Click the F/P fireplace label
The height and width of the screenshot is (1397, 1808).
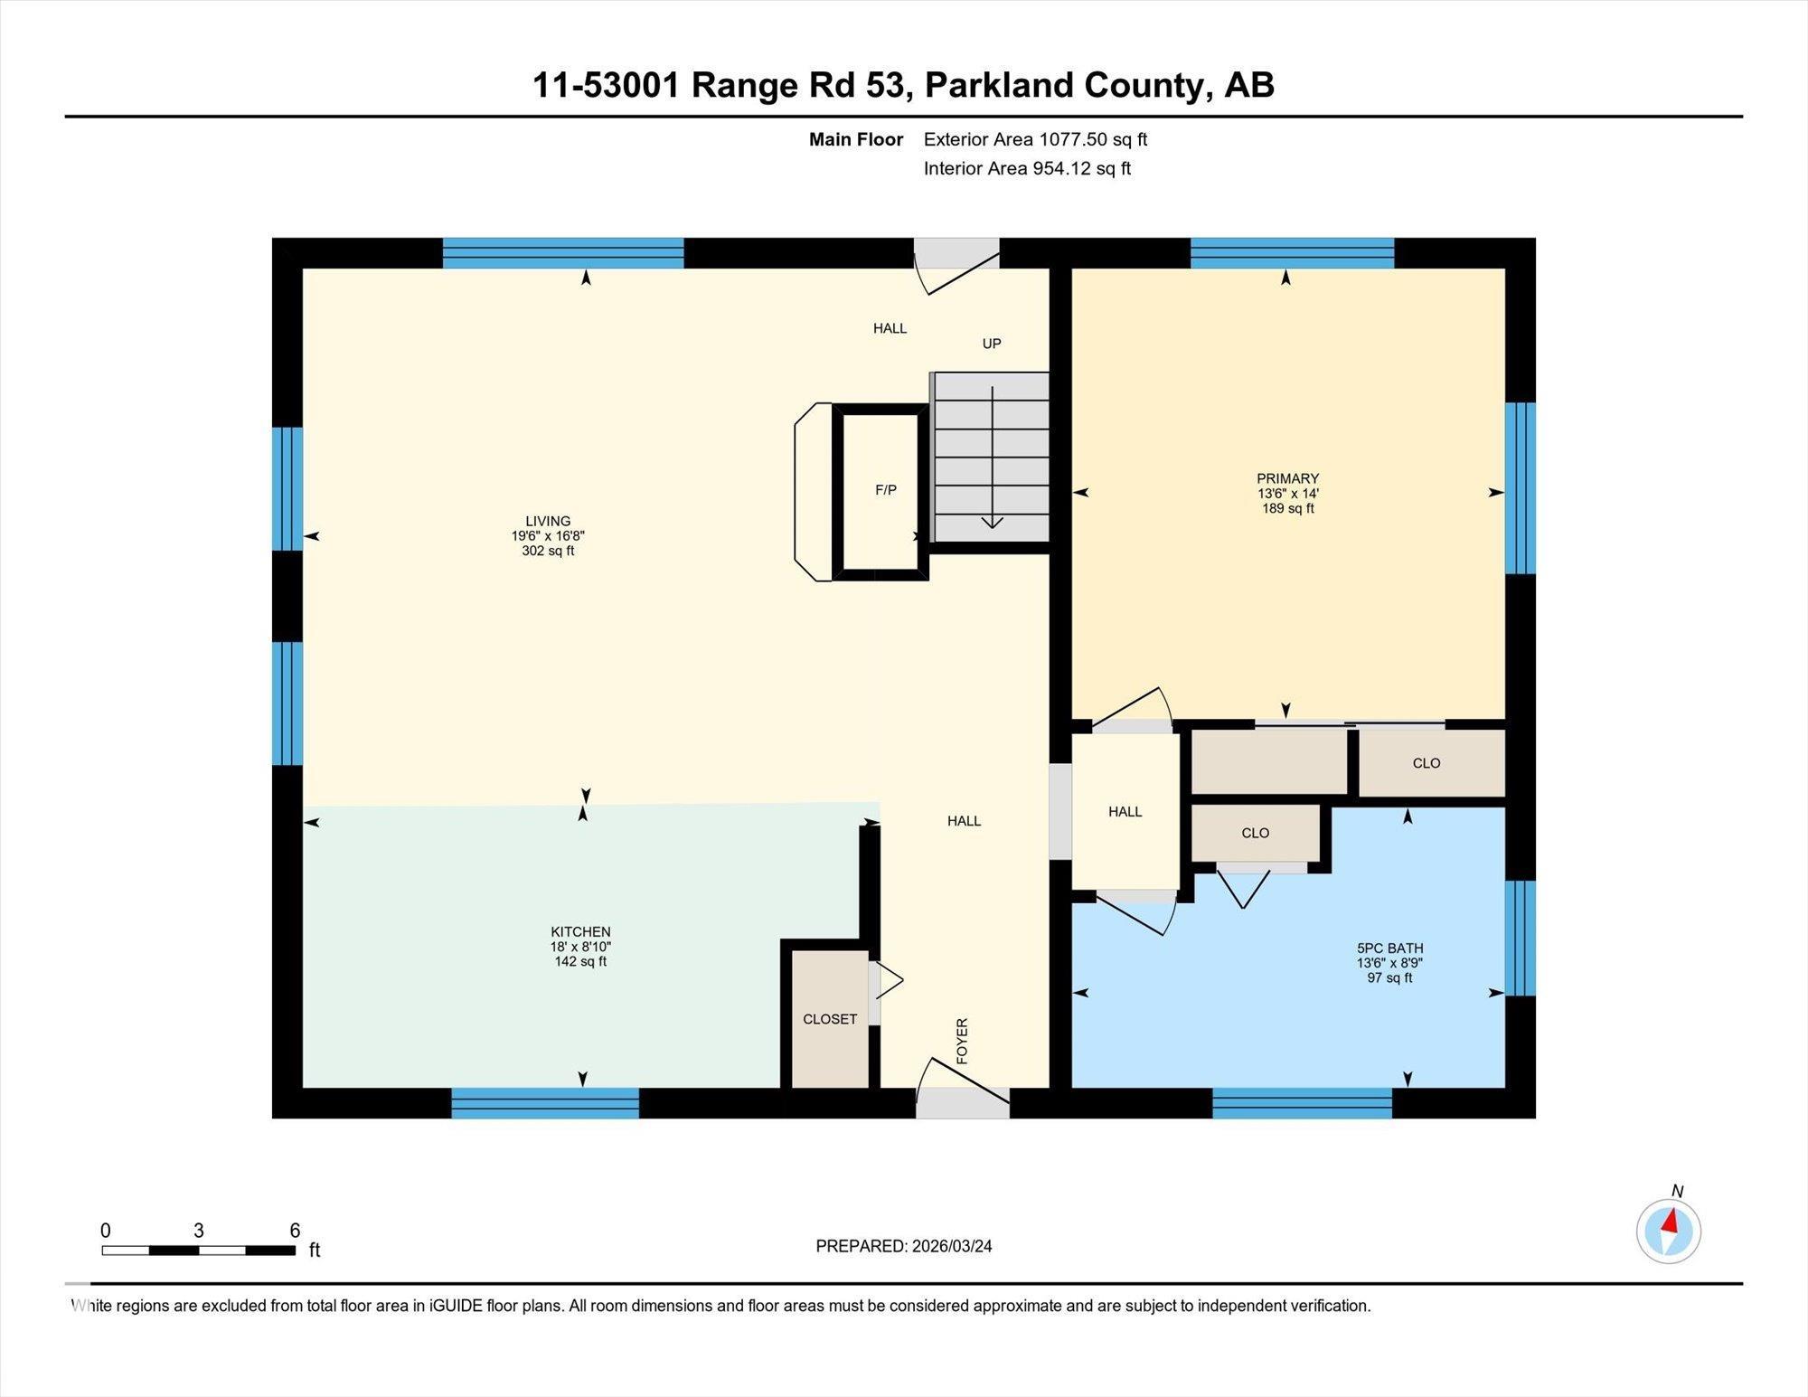(x=885, y=490)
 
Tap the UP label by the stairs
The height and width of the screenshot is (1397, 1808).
(x=992, y=344)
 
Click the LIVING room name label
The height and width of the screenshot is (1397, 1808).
(x=548, y=521)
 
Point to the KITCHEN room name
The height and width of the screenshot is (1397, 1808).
(x=580, y=931)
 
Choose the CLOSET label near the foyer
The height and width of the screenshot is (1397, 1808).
(x=829, y=1019)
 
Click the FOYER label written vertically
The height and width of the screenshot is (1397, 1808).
(x=962, y=1041)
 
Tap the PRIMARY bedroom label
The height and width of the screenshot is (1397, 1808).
(x=1287, y=478)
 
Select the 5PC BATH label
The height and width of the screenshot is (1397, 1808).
(x=1389, y=949)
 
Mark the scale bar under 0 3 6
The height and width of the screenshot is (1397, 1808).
(x=198, y=1251)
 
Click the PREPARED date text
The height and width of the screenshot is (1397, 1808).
(x=903, y=1246)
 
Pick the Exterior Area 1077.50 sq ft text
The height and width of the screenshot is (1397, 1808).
(x=1035, y=139)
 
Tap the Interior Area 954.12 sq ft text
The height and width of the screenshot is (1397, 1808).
(x=1027, y=168)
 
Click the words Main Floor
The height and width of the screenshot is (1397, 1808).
(x=855, y=139)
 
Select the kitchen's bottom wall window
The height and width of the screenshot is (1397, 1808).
(x=545, y=1103)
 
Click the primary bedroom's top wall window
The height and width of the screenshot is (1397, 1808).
(x=1292, y=253)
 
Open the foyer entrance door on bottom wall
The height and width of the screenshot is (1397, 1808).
(x=962, y=1101)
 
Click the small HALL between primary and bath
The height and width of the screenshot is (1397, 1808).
(x=1125, y=812)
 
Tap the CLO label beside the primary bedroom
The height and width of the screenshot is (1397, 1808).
(x=1426, y=763)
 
